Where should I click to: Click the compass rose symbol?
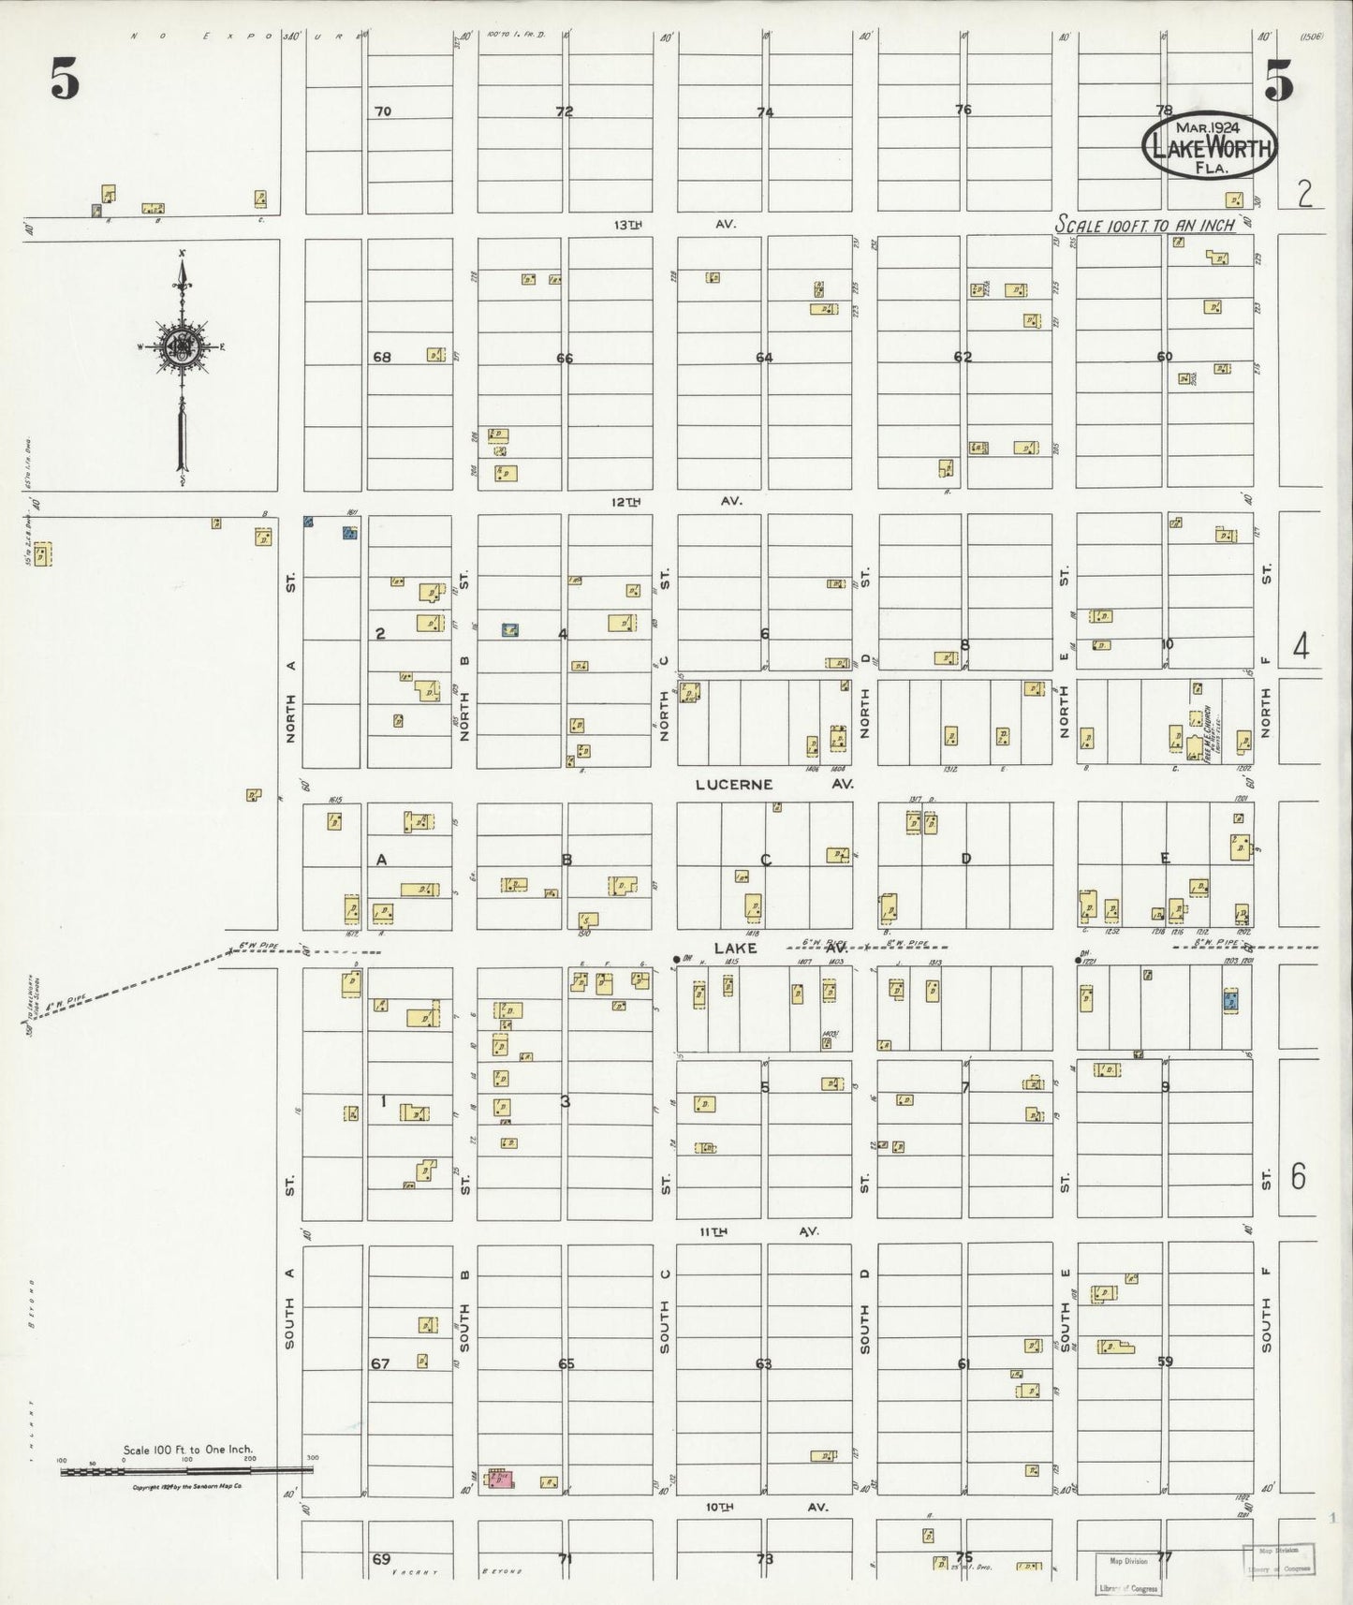[181, 346]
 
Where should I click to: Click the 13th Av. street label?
[675, 225]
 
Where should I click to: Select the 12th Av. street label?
[675, 502]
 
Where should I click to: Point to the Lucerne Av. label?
[774, 784]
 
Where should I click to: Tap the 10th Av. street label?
[765, 1508]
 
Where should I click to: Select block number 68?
[381, 357]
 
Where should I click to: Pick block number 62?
[963, 357]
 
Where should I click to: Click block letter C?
[765, 860]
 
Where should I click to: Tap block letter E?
[1165, 858]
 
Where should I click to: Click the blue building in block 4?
[510, 630]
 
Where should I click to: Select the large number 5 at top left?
[64, 82]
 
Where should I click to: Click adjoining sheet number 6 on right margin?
[1298, 1176]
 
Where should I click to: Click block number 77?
[1164, 1557]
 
